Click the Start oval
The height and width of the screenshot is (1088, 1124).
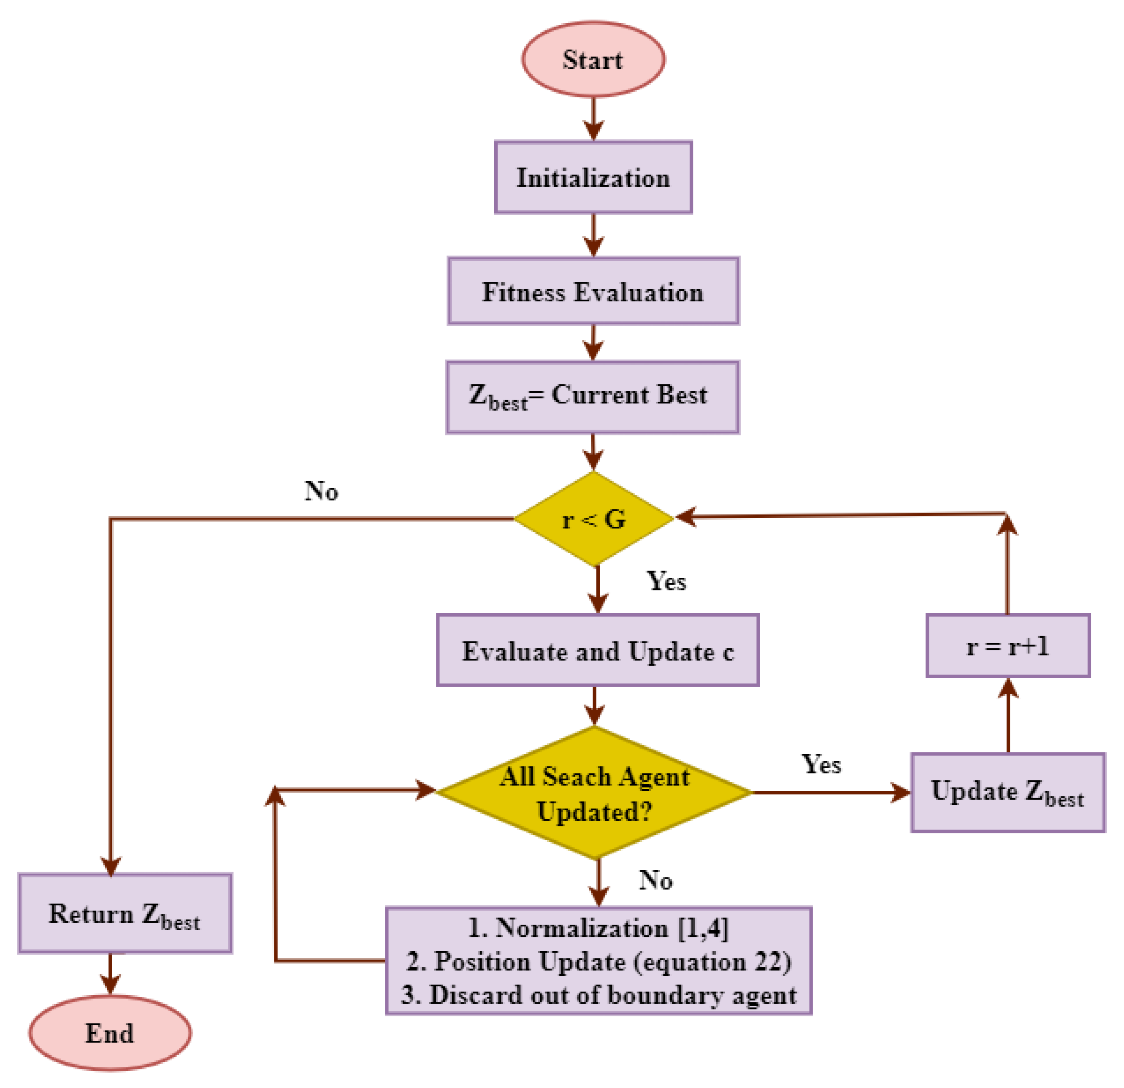(593, 59)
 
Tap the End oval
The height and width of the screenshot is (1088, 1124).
(110, 1033)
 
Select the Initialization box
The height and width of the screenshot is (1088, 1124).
(593, 177)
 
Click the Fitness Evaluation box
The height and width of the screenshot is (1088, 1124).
(593, 291)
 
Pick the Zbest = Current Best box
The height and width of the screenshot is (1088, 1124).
(593, 397)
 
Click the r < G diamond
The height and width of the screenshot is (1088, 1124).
(593, 519)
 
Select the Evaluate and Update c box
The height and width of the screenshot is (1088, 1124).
(598, 650)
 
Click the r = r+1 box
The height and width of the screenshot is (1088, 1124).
(1008, 646)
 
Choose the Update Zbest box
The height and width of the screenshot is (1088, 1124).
(1008, 792)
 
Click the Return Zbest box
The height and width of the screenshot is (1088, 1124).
(125, 914)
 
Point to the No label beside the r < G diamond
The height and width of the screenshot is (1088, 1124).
(321, 491)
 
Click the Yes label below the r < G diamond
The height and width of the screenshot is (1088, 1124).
(666, 581)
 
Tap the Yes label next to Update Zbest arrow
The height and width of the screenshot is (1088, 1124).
(821, 765)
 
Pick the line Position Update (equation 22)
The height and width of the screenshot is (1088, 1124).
(599, 961)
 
